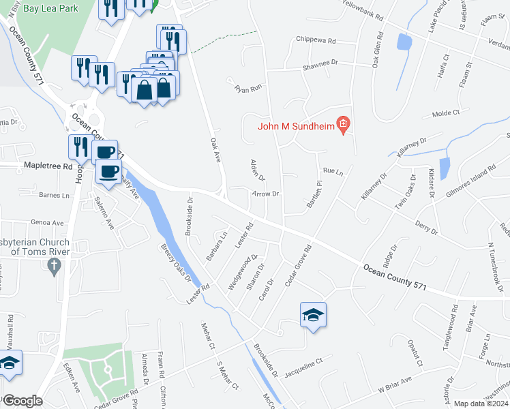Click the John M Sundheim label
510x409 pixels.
297,125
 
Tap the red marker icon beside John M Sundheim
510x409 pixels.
344,125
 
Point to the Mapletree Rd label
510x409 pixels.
48,166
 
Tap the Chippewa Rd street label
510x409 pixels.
316,41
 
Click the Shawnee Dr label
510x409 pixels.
320,63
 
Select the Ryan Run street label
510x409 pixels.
248,89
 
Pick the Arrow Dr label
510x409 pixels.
266,194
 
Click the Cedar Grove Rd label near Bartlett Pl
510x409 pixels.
298,265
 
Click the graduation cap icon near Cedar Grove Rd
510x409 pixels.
313,315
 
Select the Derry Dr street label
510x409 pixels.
425,228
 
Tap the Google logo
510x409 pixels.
22,401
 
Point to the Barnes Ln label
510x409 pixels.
55,195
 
